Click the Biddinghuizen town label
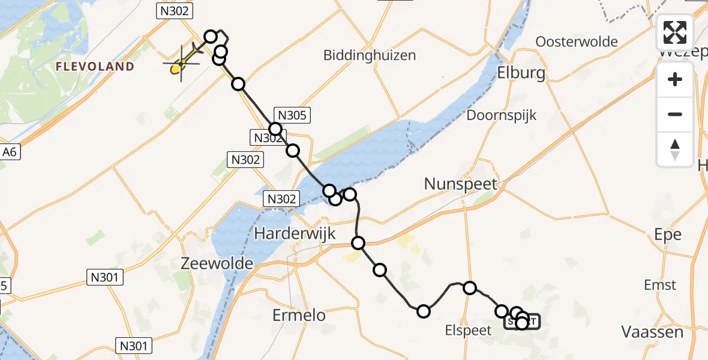pyautogui.click(x=370, y=55)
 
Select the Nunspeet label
pyautogui.click(x=461, y=184)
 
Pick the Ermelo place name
pyautogui.click(x=299, y=315)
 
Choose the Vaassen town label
pyautogui.click(x=652, y=332)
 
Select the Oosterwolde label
pyautogui.click(x=577, y=41)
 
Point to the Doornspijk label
pyautogui.click(x=502, y=115)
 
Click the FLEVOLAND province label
pyautogui.click(x=95, y=67)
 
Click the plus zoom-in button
pyautogui.click(x=675, y=80)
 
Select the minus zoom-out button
pyautogui.click(x=675, y=115)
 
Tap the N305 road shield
pyautogui.click(x=291, y=116)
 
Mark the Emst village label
pyautogui.click(x=660, y=285)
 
